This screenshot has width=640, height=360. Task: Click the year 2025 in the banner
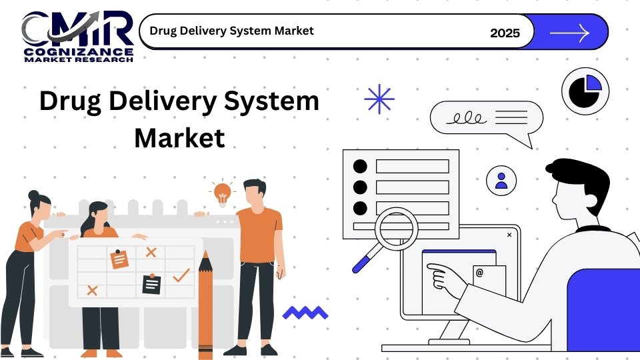pos(505,33)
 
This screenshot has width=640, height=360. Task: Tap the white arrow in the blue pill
pos(570,33)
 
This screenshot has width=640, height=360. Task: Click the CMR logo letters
pos(77,29)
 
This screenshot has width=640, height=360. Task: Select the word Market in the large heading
pos(179,137)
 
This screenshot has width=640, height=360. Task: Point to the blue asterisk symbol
pos(379,99)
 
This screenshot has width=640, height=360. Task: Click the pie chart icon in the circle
pos(585,91)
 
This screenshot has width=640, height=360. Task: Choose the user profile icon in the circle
pos(501,181)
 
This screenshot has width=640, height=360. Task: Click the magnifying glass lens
pos(396,229)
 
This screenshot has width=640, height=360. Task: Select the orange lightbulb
pos(223,193)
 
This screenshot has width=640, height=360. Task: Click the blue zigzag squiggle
pos(305,313)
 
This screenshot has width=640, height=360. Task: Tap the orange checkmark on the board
pos(181,275)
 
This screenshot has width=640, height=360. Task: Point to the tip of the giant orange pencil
pos(205,251)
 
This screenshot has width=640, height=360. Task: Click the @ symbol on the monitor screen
pos(479,273)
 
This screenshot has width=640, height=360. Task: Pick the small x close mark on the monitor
pos(509,235)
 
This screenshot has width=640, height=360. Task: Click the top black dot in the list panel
pos(360,166)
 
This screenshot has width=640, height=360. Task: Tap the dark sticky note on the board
pos(151,284)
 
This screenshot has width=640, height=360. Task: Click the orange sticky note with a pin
pos(119,259)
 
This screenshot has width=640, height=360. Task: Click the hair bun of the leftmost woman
pos(33,195)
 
